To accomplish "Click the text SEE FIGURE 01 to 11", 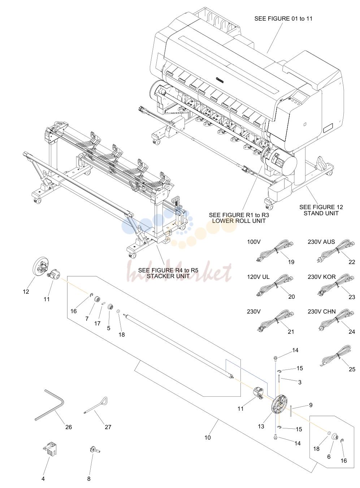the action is [283, 19].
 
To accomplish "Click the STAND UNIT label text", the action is [321, 213].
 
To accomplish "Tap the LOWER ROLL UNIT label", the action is [239, 221].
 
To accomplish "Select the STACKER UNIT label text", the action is [168, 276].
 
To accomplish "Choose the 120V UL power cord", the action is [276, 286].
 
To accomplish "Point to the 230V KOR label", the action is [321, 277].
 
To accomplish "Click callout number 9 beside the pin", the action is [311, 405].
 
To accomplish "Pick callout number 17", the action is [97, 323].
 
